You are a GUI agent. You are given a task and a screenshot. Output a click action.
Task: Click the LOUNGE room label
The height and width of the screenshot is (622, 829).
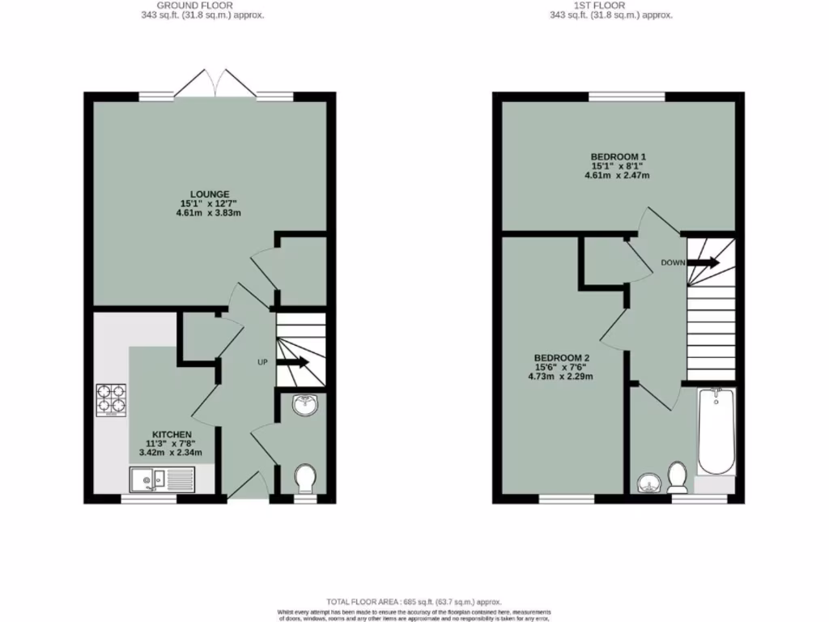[x=210, y=194]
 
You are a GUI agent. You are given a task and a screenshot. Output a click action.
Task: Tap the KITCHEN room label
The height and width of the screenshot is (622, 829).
[x=169, y=434]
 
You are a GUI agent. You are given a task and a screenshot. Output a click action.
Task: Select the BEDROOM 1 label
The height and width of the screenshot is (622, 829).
[x=618, y=156]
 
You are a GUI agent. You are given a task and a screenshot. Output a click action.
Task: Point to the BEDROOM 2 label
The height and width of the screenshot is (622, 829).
[x=561, y=358]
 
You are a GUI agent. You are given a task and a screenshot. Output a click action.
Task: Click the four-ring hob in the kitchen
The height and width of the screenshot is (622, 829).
[x=112, y=398]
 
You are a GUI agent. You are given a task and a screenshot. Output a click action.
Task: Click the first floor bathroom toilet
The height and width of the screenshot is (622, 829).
[x=678, y=476]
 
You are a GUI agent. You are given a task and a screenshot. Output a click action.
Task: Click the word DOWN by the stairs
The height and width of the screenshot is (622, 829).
[x=674, y=262]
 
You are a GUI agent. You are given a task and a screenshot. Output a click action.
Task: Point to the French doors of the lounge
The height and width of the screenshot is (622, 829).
[x=215, y=83]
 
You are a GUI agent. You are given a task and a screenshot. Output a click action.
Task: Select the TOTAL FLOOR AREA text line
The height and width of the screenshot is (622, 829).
[x=414, y=602]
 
